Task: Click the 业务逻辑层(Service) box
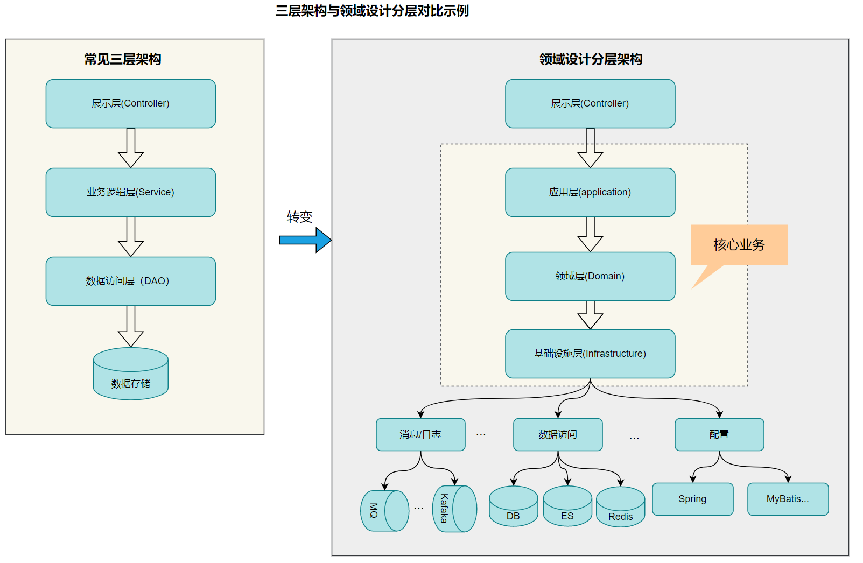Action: [x=131, y=192]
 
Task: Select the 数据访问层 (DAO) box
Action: [x=131, y=281]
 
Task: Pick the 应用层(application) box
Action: [x=590, y=192]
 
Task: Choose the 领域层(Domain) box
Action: [x=590, y=276]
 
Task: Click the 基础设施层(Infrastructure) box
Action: [x=590, y=354]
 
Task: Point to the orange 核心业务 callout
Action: [x=739, y=245]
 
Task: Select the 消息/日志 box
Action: [x=420, y=434]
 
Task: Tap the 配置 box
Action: [x=719, y=434]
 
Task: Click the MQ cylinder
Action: [x=384, y=511]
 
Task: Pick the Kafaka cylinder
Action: [x=454, y=509]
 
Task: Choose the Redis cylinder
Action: [x=621, y=509]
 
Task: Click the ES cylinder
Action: [x=567, y=508]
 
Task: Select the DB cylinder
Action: [x=513, y=508]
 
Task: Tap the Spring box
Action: [x=693, y=499]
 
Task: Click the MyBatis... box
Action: [x=788, y=499]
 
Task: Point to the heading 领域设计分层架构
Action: [x=591, y=59]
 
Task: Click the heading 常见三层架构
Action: [x=123, y=59]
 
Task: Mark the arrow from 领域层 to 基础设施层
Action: [x=590, y=315]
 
